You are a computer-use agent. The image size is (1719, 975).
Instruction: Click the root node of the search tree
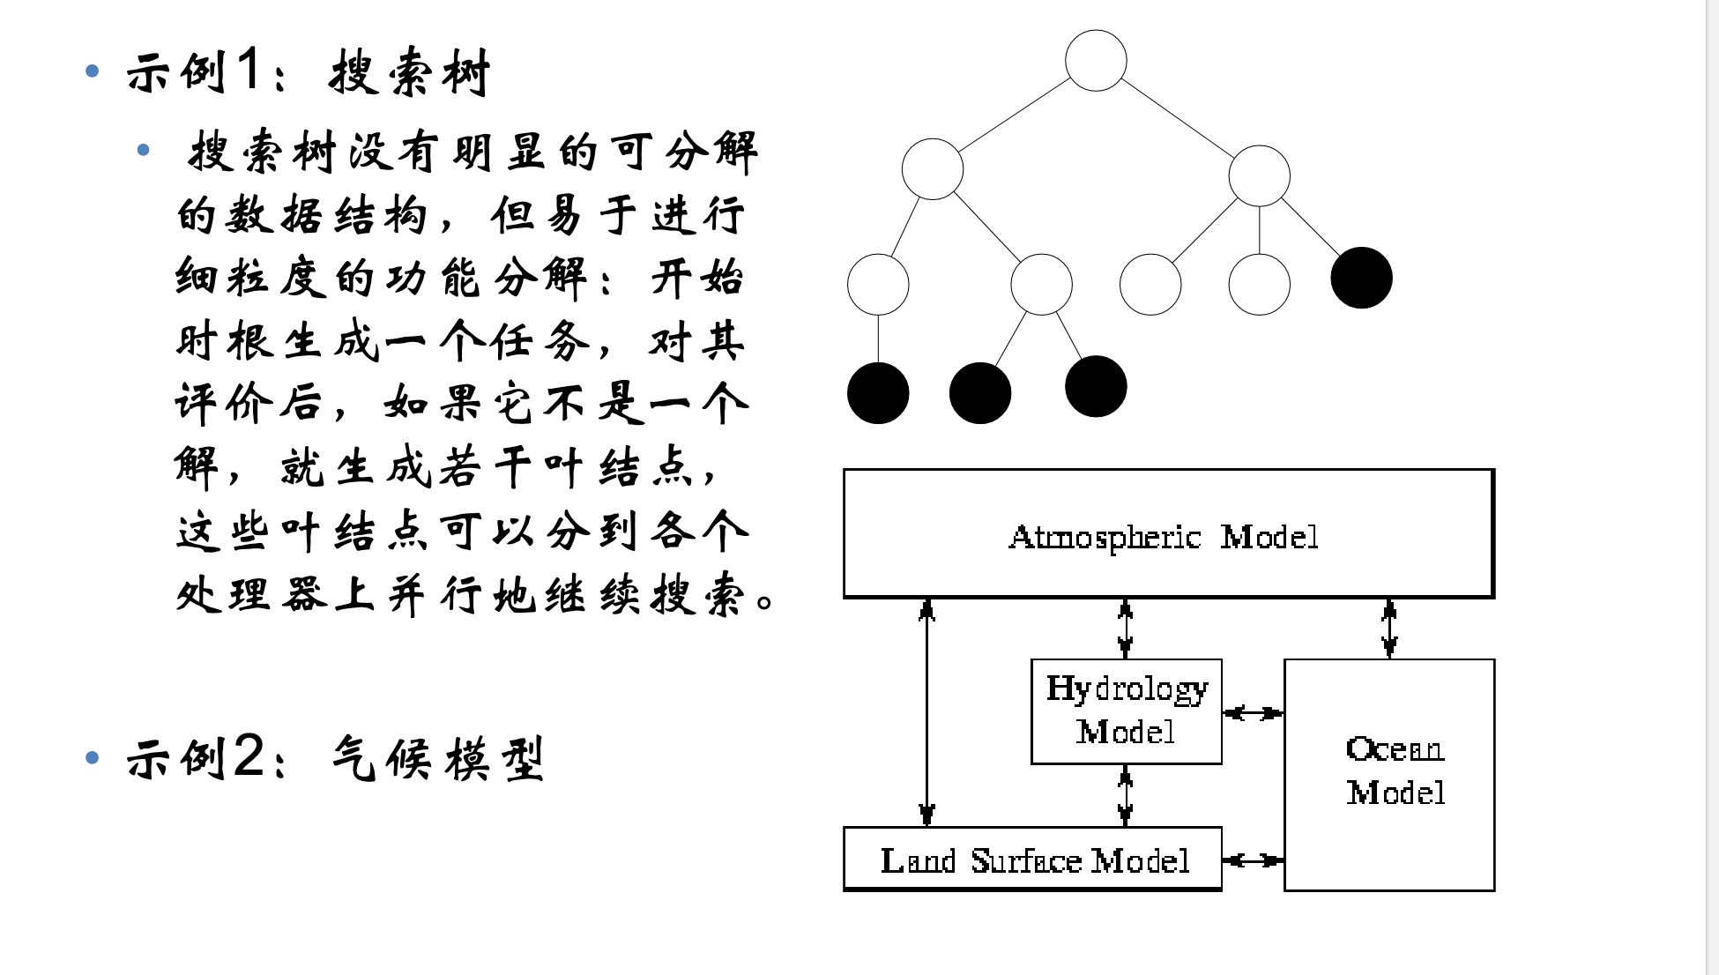[1096, 61]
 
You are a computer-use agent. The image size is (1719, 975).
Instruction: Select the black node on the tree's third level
[1361, 278]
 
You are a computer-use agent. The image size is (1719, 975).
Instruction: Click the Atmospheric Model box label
[1164, 536]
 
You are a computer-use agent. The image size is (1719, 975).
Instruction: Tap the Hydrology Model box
[1126, 711]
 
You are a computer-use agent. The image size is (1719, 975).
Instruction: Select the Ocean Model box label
[1395, 770]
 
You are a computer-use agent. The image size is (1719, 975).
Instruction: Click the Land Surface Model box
[1034, 860]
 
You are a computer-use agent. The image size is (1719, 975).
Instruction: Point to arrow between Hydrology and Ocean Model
[1253, 712]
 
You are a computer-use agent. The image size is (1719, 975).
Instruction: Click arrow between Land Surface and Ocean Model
[1253, 860]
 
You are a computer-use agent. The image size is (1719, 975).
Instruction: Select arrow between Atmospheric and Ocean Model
[1389, 629]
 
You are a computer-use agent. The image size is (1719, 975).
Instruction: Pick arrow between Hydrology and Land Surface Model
[1125, 795]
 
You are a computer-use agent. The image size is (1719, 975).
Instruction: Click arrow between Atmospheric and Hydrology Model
[1125, 629]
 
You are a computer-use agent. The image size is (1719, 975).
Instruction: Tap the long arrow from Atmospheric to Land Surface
[926, 712]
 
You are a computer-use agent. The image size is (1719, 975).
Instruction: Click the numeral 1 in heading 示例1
[249, 71]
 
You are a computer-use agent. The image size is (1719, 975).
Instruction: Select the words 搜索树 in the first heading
[409, 72]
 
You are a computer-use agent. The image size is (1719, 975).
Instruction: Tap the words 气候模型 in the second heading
[438, 759]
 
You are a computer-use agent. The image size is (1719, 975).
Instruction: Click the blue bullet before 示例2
[93, 757]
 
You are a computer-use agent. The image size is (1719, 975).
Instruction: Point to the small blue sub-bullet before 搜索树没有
[144, 151]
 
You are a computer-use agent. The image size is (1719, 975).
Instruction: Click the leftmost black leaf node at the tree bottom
[878, 393]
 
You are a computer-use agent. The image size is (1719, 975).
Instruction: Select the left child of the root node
[933, 169]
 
